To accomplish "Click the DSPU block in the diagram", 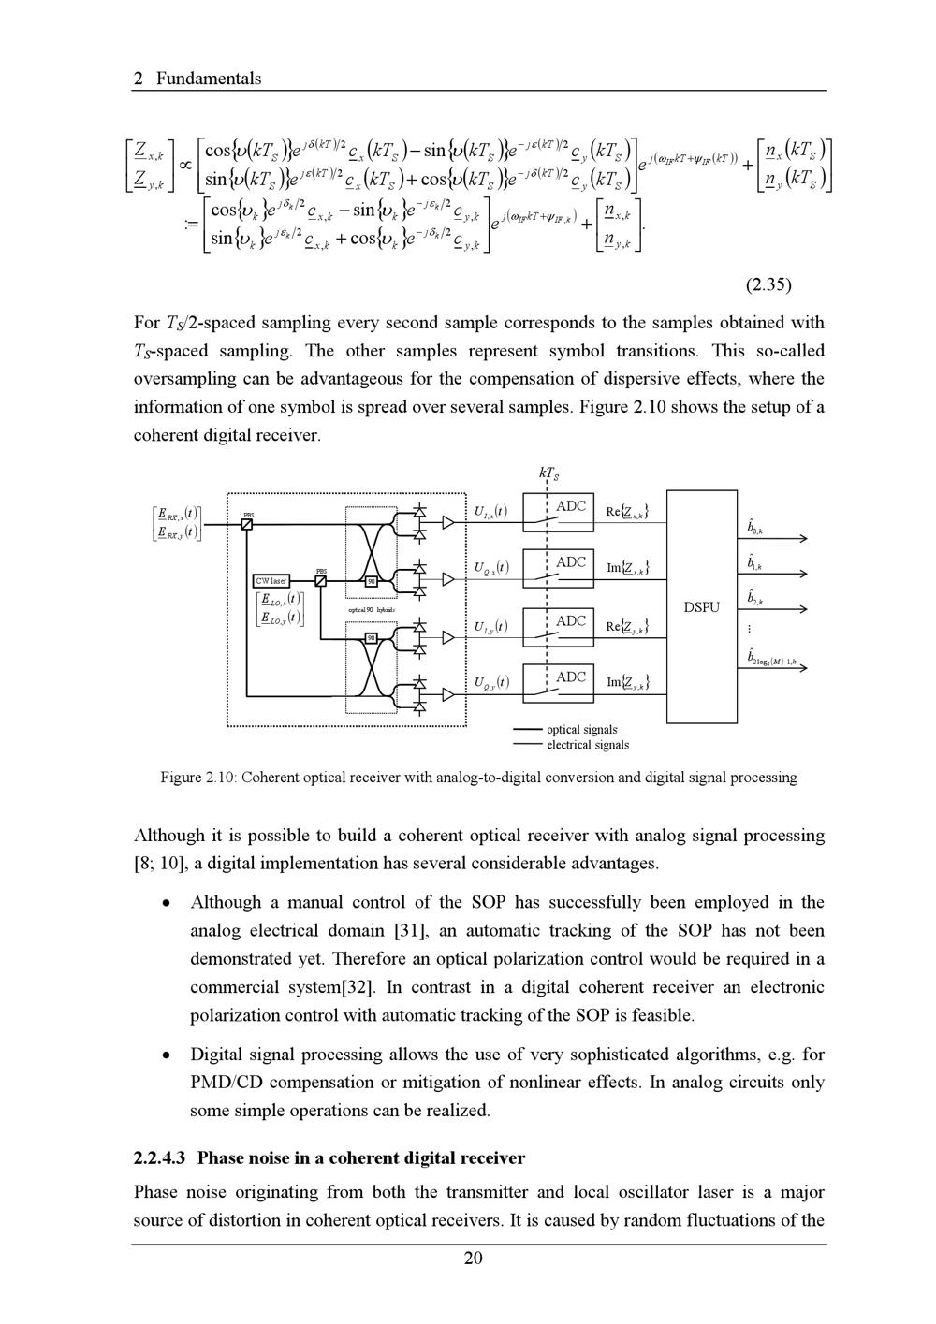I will [x=702, y=606].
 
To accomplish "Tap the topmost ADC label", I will [x=571, y=506].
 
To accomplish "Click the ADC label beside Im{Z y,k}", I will [x=571, y=677].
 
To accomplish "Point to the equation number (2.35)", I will [x=765, y=284].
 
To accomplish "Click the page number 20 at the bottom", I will [x=474, y=1258].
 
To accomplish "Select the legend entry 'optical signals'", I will [x=581, y=729].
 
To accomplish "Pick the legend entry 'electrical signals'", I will [x=587, y=745].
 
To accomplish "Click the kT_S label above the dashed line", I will [x=548, y=473].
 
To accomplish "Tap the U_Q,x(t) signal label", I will [x=490, y=568].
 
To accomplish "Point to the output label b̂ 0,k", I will [x=754, y=528].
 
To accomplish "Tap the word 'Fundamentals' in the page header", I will [x=209, y=79].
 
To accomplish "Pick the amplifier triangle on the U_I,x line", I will [x=448, y=523].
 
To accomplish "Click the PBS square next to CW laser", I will [x=321, y=580].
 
